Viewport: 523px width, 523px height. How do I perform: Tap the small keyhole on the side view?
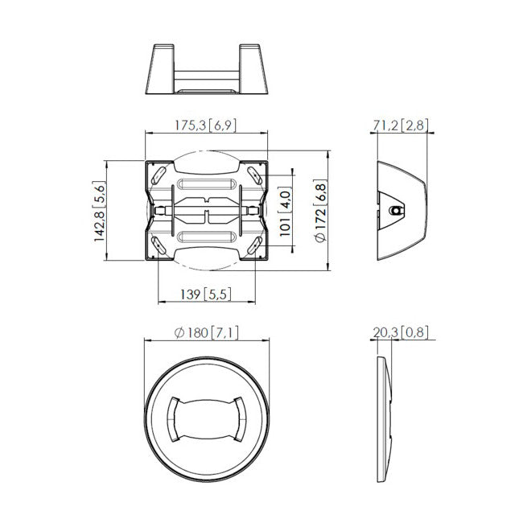(x=394, y=209)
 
